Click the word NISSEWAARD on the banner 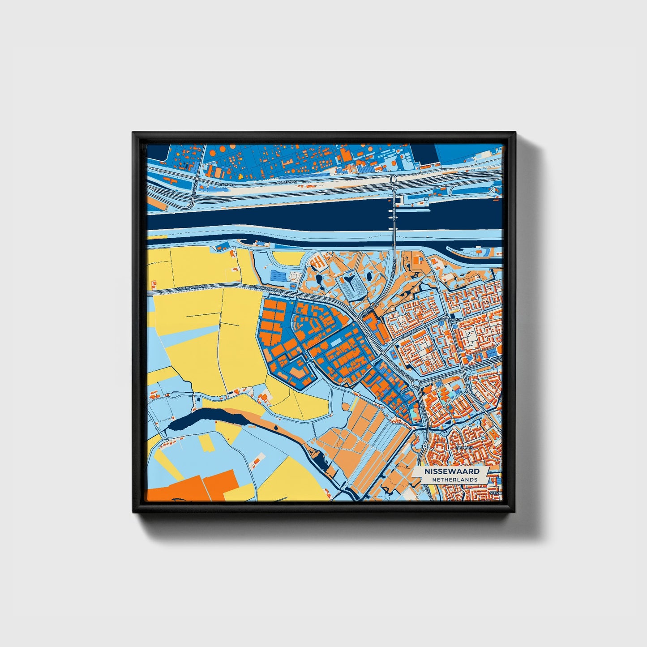click(x=452, y=471)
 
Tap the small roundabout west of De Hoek click(x=424, y=446)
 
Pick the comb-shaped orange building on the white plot click(x=316, y=261)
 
